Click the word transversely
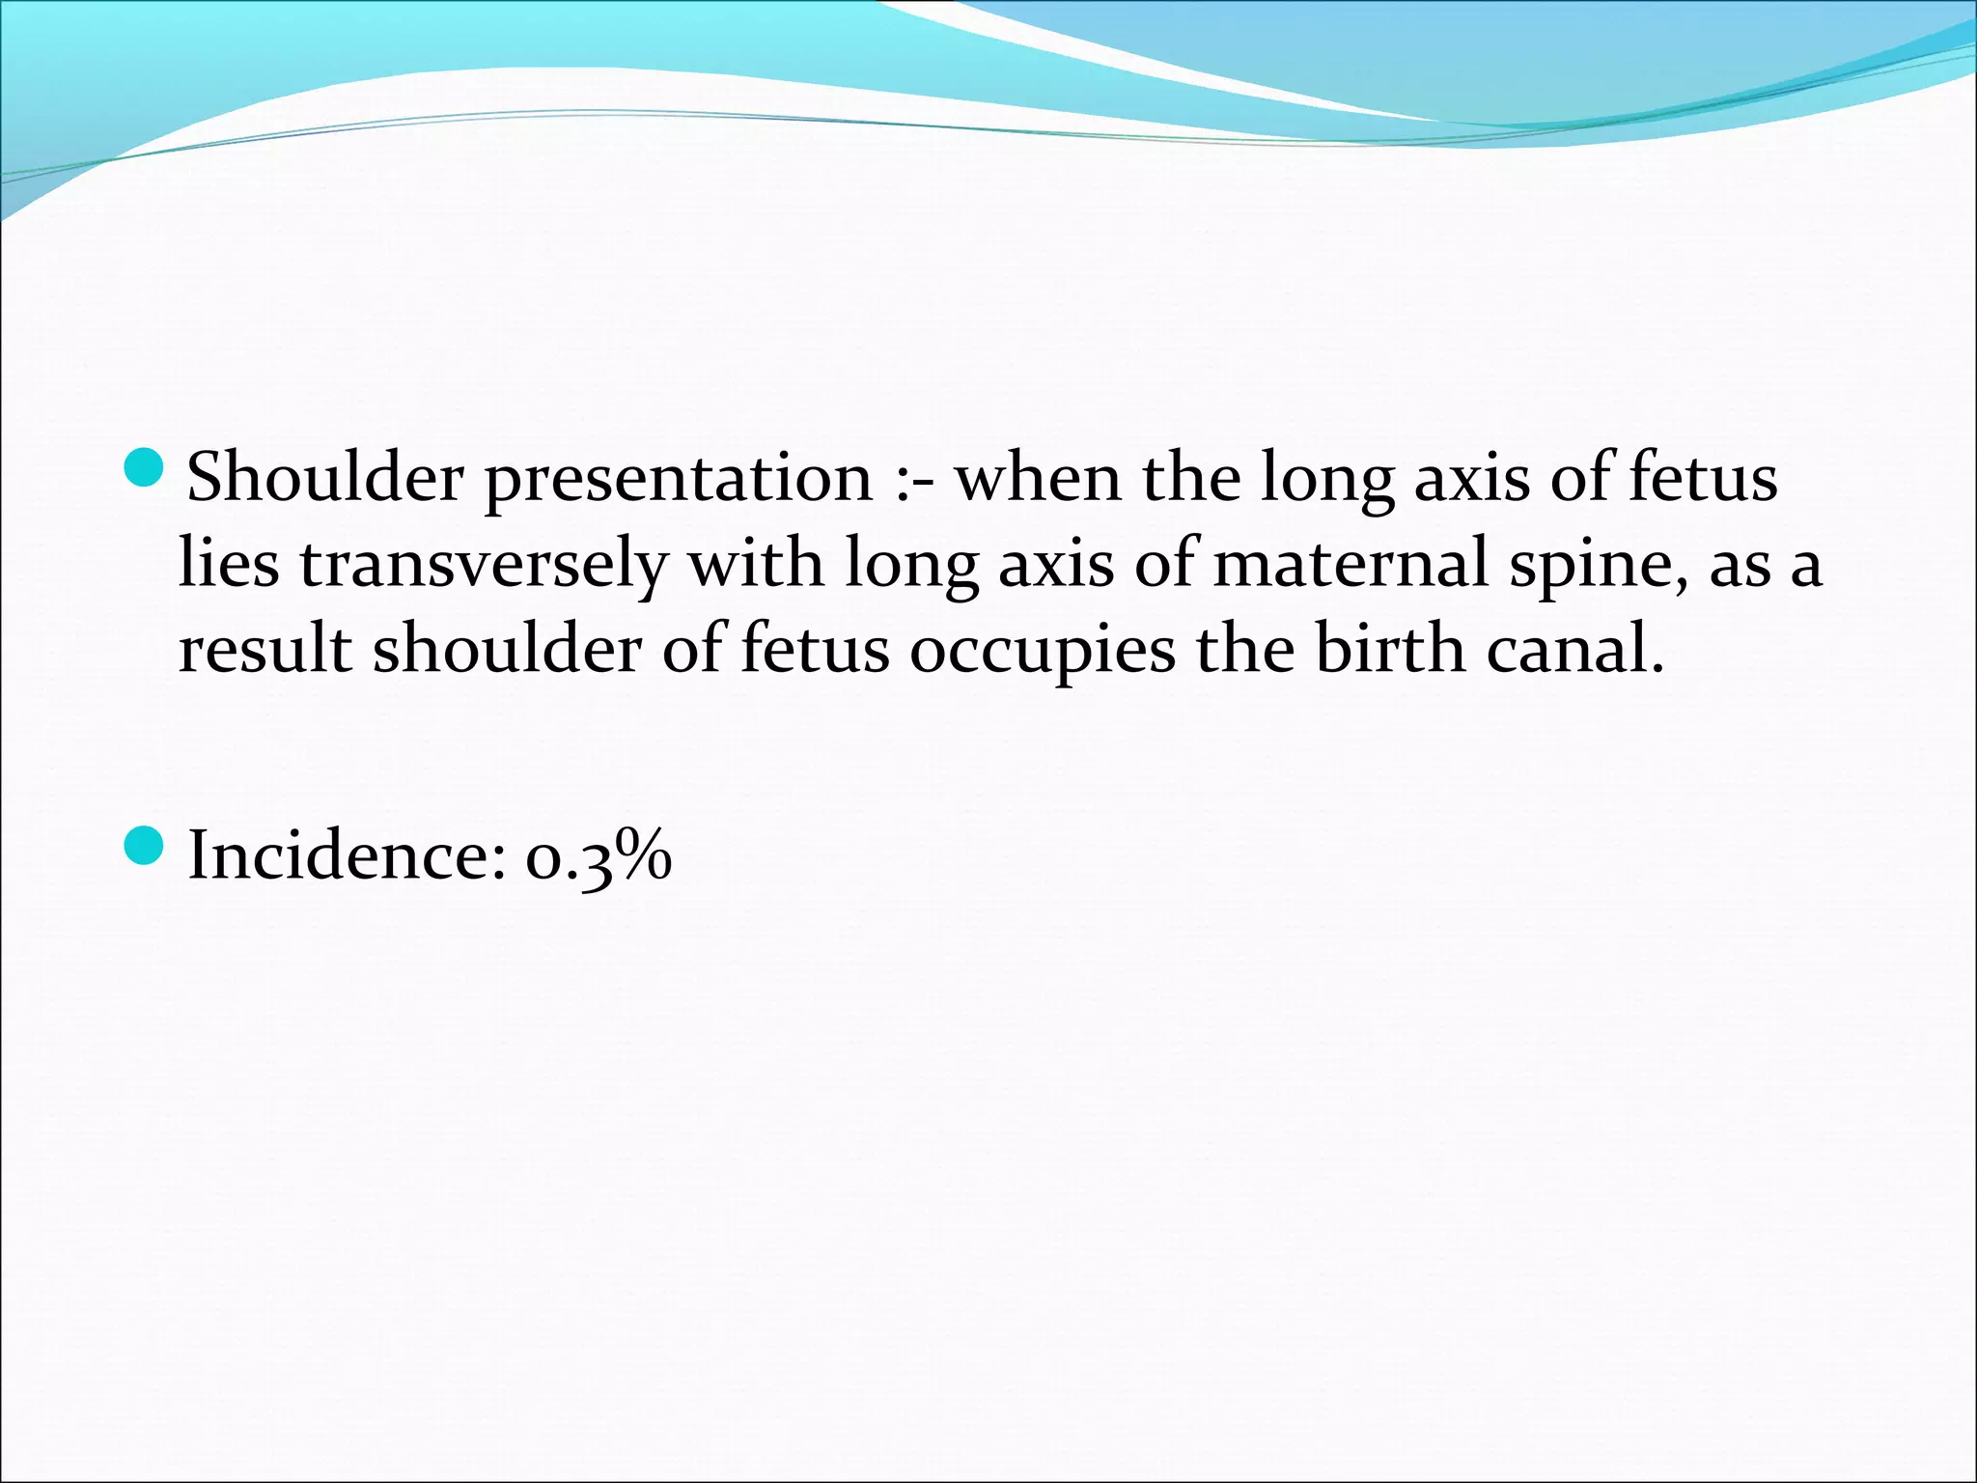[483, 564]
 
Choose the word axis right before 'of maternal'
[1056, 564]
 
